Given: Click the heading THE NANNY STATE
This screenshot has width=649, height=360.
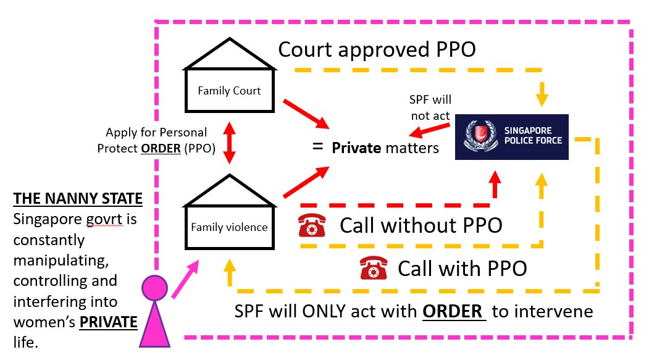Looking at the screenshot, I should (78, 199).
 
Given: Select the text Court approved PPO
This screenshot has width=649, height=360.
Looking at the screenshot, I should (377, 49).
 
